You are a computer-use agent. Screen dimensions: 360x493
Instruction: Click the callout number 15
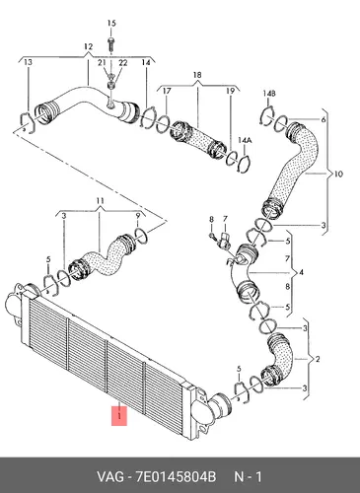[x=111, y=24]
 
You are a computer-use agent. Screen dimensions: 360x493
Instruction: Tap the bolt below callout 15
[x=110, y=44]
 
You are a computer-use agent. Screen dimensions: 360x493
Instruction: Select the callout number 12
[x=88, y=47]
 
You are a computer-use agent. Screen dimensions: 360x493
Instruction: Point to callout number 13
[x=29, y=62]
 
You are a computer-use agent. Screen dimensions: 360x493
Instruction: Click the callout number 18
[x=197, y=75]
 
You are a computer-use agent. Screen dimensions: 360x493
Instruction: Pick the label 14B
[x=269, y=94]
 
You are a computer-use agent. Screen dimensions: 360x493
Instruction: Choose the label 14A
[x=245, y=140]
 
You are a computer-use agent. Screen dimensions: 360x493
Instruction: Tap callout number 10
[x=338, y=174]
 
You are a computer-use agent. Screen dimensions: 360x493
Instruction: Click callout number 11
[x=101, y=201]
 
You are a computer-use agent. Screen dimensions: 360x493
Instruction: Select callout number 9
[x=138, y=216]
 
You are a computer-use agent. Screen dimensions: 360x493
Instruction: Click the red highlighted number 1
[x=119, y=416]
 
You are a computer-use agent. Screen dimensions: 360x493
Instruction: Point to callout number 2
[x=318, y=359]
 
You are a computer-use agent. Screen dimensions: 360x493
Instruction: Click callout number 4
[x=301, y=272]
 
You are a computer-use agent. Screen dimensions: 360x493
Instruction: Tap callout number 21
[x=102, y=62]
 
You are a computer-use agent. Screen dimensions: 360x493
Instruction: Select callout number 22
[x=123, y=62]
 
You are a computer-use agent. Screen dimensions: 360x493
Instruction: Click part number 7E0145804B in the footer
[x=176, y=476]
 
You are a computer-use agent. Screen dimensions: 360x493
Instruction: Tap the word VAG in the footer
[x=110, y=476]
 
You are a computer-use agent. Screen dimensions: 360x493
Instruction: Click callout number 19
[x=230, y=91]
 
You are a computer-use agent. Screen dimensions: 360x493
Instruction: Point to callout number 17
[x=167, y=91]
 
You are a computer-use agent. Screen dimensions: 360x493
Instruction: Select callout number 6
[x=324, y=119]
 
